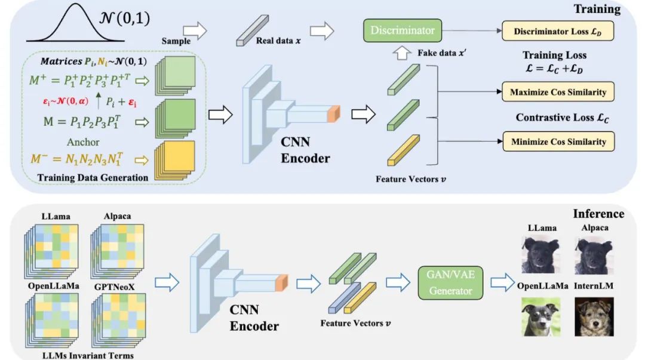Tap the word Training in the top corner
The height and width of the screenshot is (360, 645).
click(x=597, y=10)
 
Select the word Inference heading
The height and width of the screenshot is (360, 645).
click(x=598, y=214)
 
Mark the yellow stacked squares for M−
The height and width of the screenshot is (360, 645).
click(x=176, y=161)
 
